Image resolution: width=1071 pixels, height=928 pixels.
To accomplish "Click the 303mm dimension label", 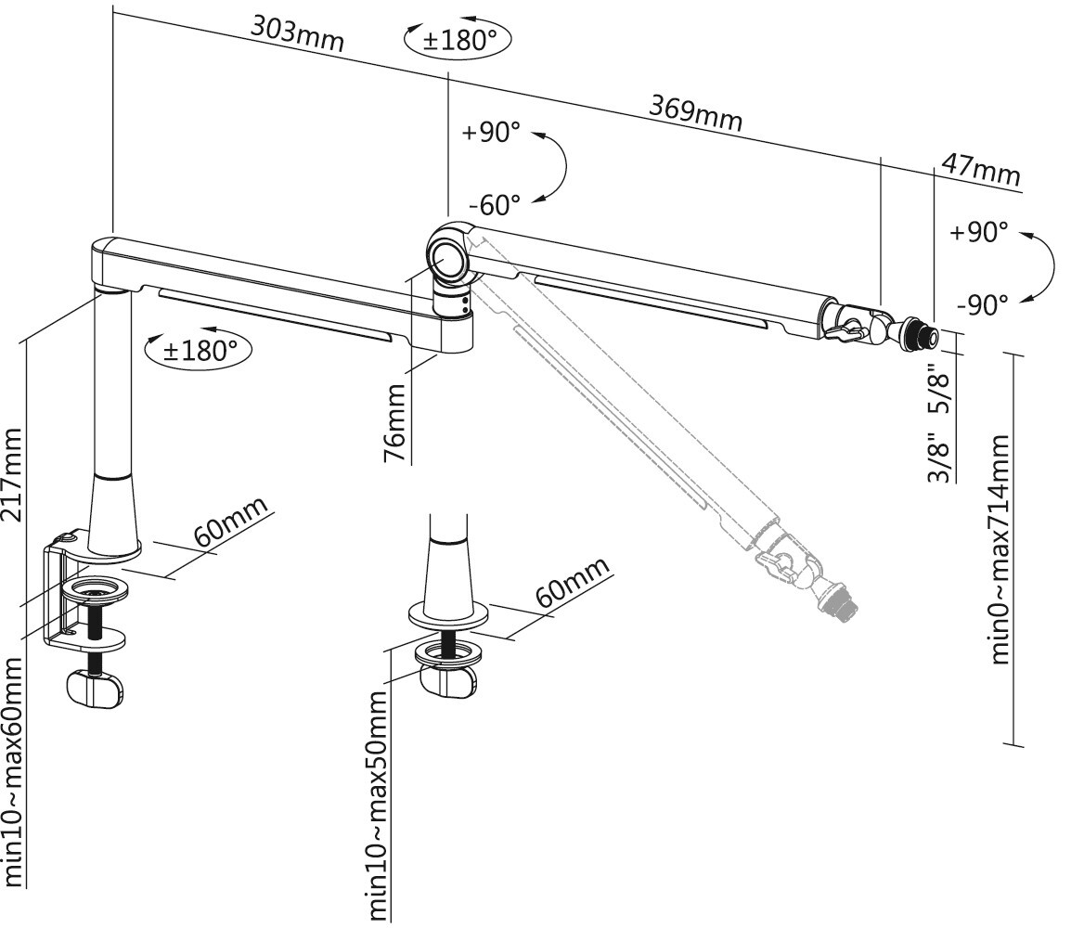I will tap(297, 33).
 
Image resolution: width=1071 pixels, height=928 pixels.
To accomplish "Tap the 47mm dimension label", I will tap(981, 170).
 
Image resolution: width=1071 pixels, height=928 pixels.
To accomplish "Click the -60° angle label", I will tap(495, 202).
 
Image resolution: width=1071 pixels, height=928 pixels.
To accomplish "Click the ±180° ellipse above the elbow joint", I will tap(458, 40).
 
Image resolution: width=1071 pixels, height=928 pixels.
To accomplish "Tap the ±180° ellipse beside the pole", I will tap(200, 350).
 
